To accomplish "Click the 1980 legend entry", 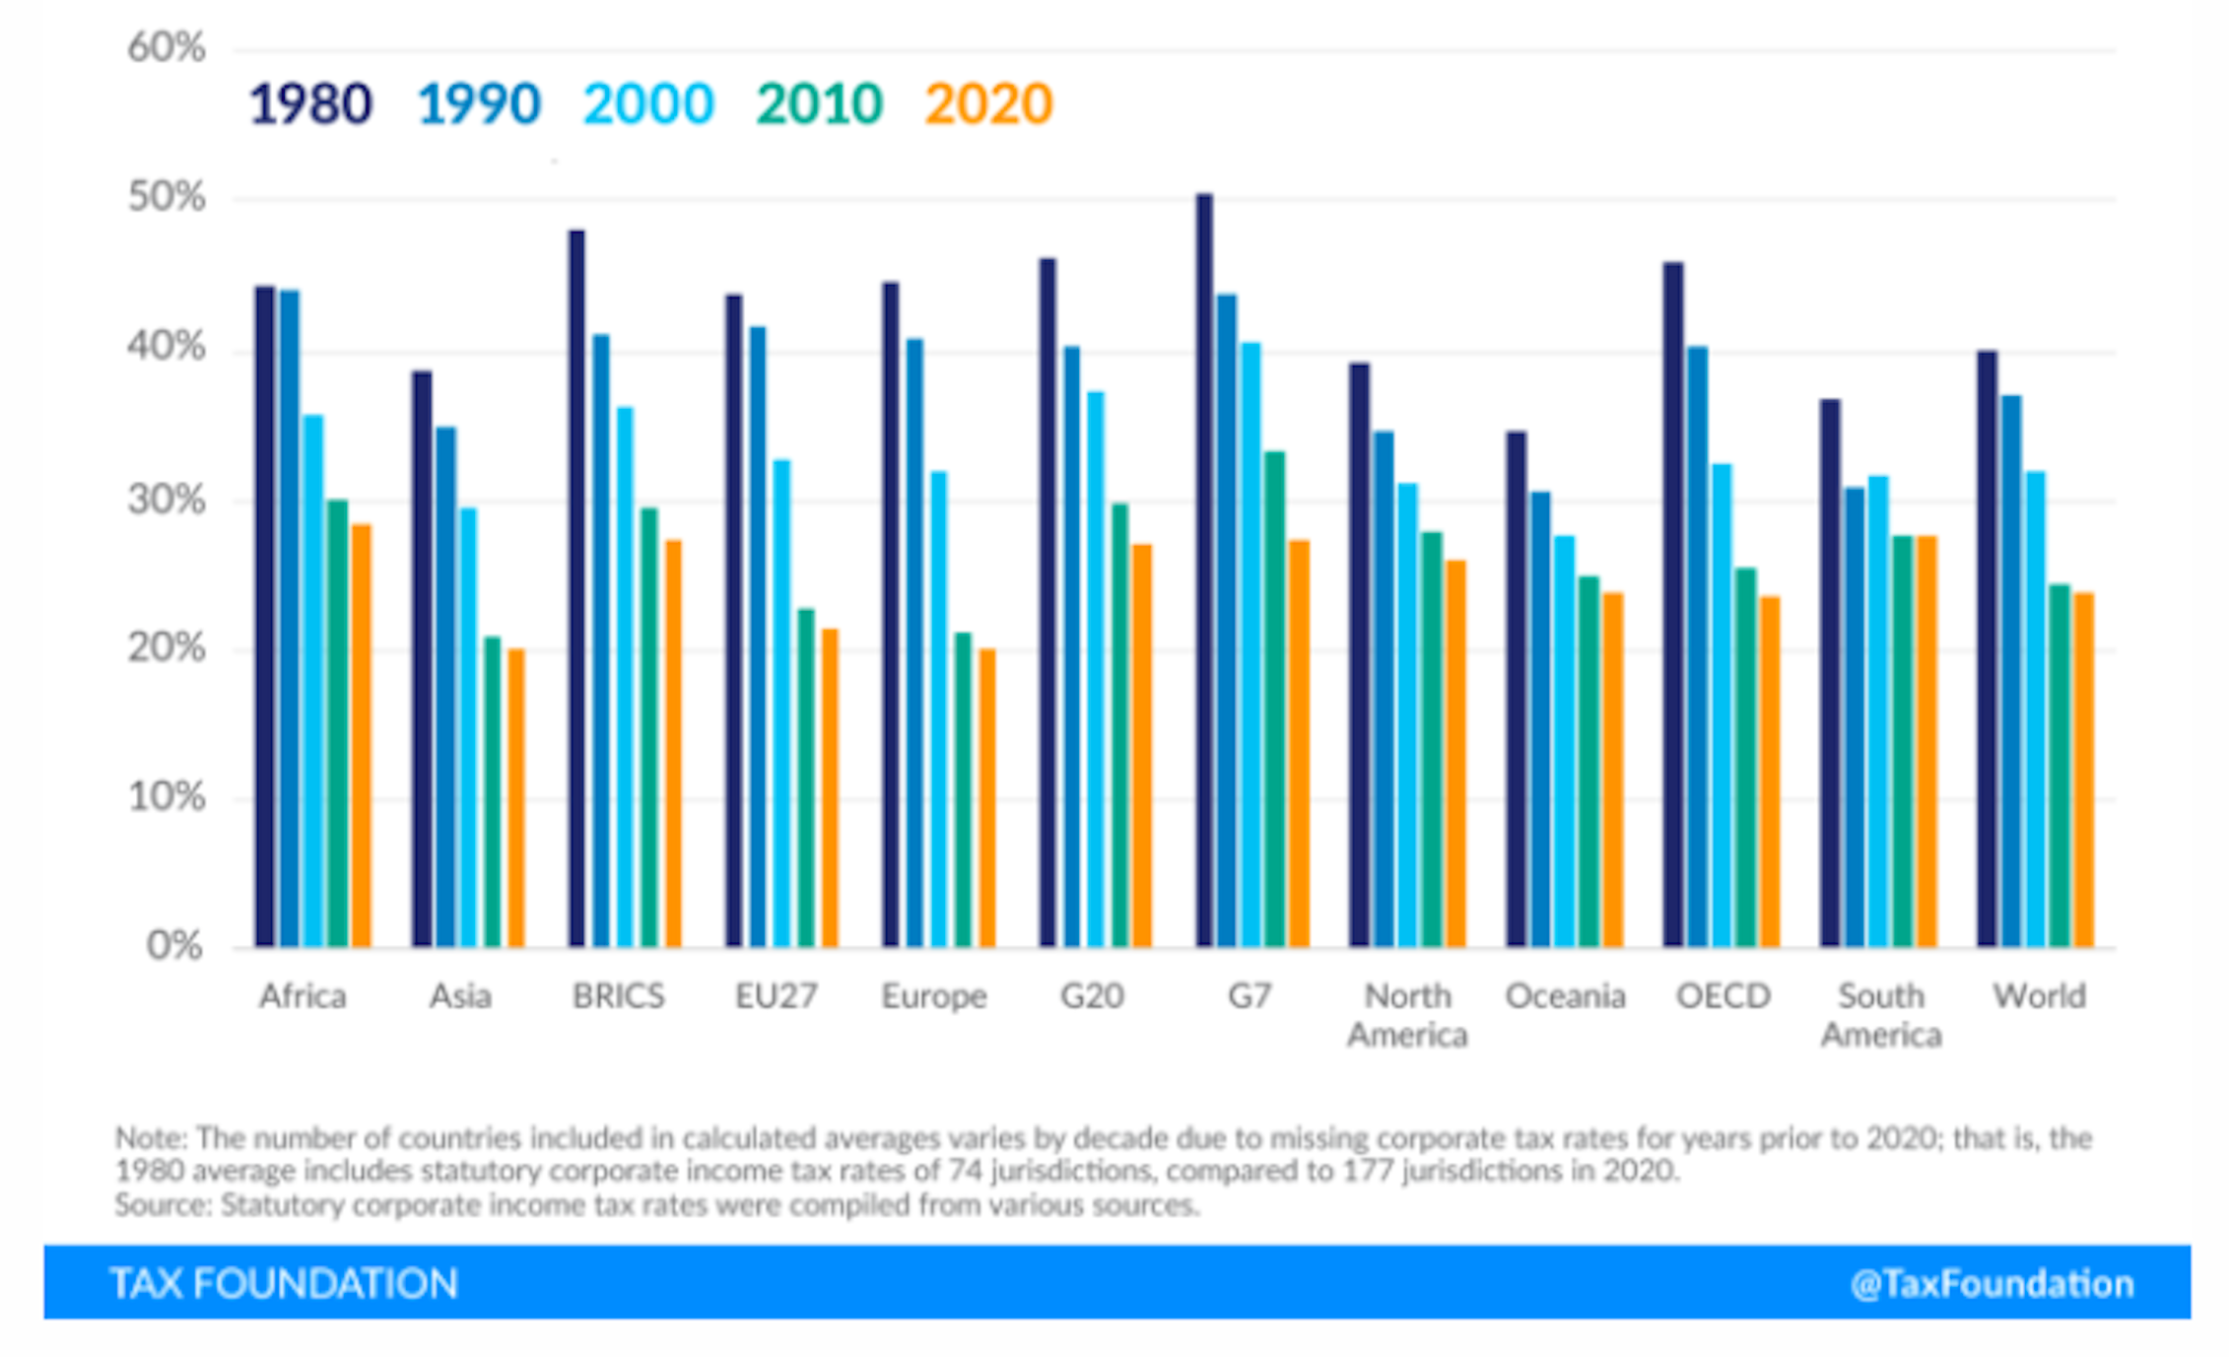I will pyautogui.click(x=309, y=104).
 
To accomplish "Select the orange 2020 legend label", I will pyautogui.click(x=988, y=104).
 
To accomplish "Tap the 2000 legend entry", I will pyautogui.click(x=647, y=104).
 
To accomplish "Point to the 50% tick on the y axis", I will pyautogui.click(x=166, y=198).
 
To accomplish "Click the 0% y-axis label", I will pyautogui.click(x=174, y=946).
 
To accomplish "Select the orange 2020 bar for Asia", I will pyautogui.click(x=515, y=798).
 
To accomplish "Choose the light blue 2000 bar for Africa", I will pyautogui.click(x=313, y=680).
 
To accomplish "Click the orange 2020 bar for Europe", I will pyautogui.click(x=986, y=798).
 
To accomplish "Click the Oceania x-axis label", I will pyautogui.click(x=1565, y=996).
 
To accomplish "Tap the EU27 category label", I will pyautogui.click(x=777, y=996).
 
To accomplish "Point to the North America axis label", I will pyautogui.click(x=1407, y=1015).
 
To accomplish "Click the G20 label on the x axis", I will pyautogui.click(x=1092, y=996).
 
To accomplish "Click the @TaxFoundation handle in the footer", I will pyautogui.click(x=1992, y=1284).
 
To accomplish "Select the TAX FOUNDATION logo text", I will pyautogui.click(x=284, y=1284).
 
